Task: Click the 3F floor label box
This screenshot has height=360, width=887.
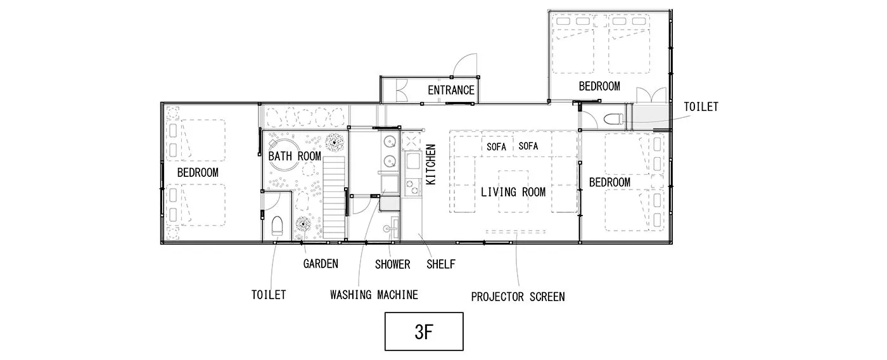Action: [x=424, y=331]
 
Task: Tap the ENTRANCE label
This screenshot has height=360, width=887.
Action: [x=451, y=90]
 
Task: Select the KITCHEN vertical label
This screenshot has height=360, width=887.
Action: [x=431, y=164]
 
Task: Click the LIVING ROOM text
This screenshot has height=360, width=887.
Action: [x=513, y=193]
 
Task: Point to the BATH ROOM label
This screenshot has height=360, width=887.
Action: [x=295, y=156]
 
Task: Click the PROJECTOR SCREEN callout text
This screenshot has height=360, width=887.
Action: [x=518, y=297]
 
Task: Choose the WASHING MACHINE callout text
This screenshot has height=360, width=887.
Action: [x=374, y=295]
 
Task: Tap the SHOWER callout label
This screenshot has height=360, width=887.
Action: [x=392, y=264]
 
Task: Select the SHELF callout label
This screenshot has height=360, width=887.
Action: [x=441, y=264]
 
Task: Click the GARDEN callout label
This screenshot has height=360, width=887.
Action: [x=321, y=264]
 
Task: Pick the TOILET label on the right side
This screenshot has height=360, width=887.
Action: [x=701, y=106]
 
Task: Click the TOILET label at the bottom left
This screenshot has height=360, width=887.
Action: [x=269, y=295]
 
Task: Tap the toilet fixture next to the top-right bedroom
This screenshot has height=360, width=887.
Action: [x=613, y=119]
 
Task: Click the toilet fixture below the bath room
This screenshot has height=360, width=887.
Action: [x=278, y=226]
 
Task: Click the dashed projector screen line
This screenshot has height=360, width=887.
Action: [x=516, y=231]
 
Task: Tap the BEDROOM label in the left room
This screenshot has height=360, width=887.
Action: [x=198, y=172]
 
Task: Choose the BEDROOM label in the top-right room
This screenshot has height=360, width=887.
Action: [x=599, y=86]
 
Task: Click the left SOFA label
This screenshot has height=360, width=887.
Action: [x=496, y=147]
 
